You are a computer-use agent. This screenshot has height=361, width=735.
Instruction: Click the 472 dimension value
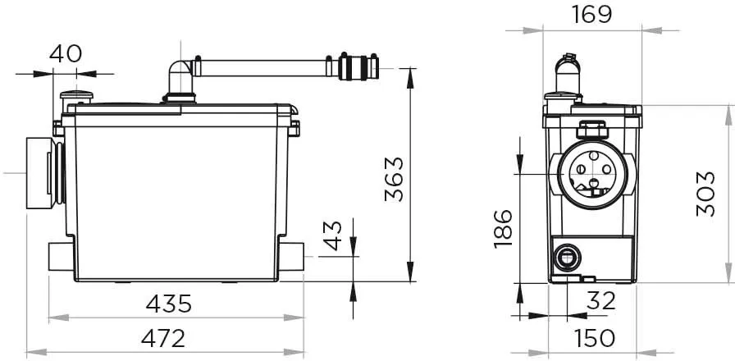pos(163,338)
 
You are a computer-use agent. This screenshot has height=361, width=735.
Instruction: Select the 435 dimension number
pos(169,304)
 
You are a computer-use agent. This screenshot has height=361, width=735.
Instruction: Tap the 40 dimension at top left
pos(66,54)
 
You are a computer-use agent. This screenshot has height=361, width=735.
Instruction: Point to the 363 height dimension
pos(394,179)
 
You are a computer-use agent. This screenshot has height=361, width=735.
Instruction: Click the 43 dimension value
pos(334,235)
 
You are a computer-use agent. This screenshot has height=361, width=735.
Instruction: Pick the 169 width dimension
pos(591,15)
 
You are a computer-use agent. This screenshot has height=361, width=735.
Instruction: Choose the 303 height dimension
pos(706,194)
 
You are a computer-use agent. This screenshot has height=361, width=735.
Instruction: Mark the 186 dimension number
pos(504,229)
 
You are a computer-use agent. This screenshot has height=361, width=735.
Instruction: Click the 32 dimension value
pos(600,301)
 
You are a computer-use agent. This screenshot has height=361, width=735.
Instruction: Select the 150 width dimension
pos(595,338)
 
